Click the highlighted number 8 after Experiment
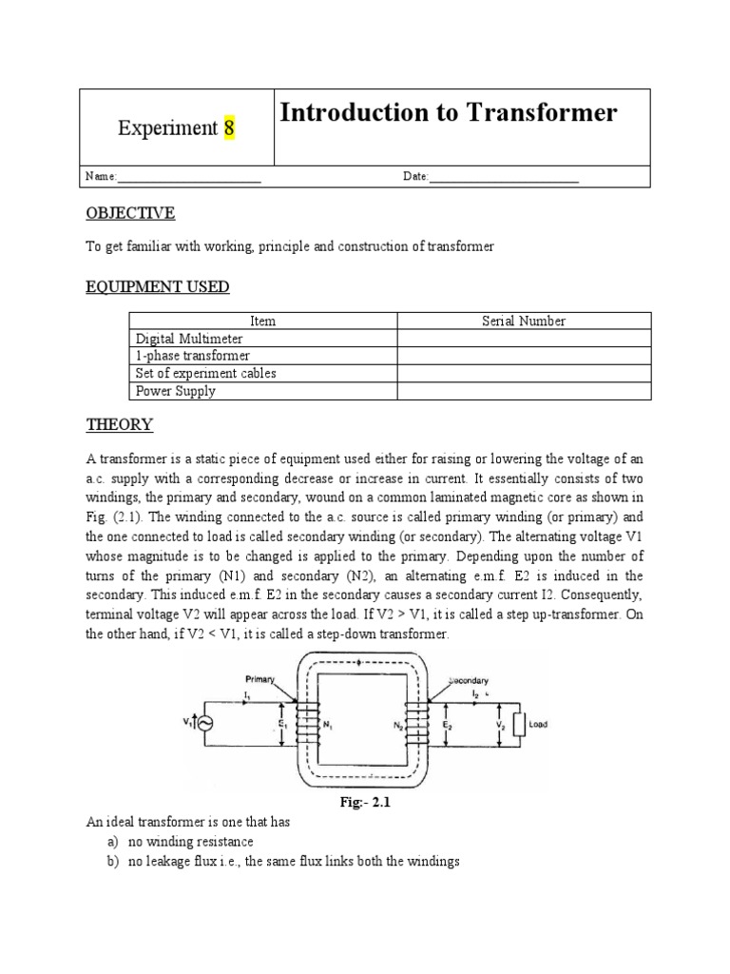tap(229, 128)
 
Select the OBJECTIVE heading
tap(130, 212)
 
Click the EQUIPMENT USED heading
tap(157, 286)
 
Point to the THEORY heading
tap(120, 423)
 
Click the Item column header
tap(262, 321)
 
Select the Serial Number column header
tap(524, 321)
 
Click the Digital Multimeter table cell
tap(189, 339)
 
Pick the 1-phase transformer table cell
tap(193, 356)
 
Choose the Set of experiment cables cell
tap(206, 373)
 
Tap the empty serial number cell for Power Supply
tap(524, 390)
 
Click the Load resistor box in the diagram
tap(519, 724)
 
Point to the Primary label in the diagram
tap(259, 679)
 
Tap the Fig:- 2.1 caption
tap(366, 803)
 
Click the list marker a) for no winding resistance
tap(110, 842)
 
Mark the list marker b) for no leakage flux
tap(110, 861)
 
